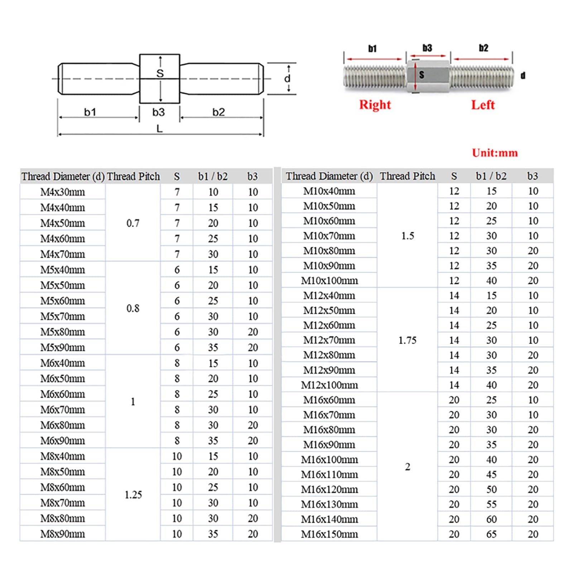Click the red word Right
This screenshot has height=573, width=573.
click(x=375, y=105)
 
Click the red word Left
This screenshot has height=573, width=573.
click(x=483, y=105)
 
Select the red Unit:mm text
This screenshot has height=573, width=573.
click(x=495, y=153)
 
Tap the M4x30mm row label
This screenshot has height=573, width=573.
click(x=63, y=192)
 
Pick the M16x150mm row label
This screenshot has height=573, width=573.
click(x=329, y=534)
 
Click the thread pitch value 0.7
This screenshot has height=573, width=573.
click(x=133, y=223)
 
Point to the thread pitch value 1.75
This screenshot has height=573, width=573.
click(x=407, y=340)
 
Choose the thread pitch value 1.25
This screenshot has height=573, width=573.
click(x=133, y=495)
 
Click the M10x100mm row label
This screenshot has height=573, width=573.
click(x=329, y=281)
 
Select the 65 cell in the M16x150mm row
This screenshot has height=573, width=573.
click(x=491, y=534)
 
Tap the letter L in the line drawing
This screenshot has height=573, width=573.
click(x=160, y=129)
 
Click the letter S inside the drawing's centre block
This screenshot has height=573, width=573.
click(x=160, y=73)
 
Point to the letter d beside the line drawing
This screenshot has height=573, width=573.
click(x=287, y=78)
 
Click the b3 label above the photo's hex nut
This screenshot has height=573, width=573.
click(x=427, y=48)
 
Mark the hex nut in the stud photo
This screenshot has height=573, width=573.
click(x=428, y=76)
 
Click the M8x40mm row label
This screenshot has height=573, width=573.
click(x=63, y=457)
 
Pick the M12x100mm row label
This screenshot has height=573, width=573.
click(x=329, y=385)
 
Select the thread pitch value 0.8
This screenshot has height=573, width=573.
click(x=133, y=308)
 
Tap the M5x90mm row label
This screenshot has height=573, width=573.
click(x=63, y=348)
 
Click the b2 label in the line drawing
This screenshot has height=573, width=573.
click(x=218, y=112)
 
